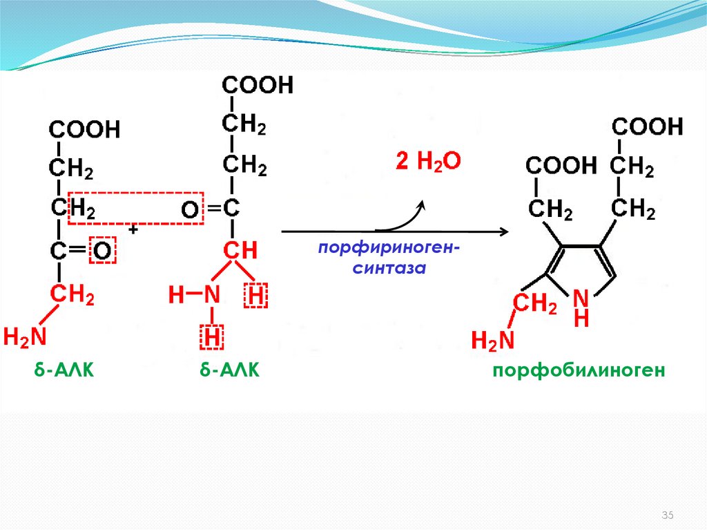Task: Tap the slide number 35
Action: click(668, 515)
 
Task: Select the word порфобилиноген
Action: click(579, 371)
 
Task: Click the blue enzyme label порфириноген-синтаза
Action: click(386, 258)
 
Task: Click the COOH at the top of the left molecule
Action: click(84, 129)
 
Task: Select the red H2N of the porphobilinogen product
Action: click(494, 340)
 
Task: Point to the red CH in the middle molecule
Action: click(240, 250)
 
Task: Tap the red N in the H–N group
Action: click(211, 296)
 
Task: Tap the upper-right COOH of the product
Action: click(648, 126)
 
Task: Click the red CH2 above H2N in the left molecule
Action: click(71, 296)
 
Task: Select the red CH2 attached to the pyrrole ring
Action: click(533, 304)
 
